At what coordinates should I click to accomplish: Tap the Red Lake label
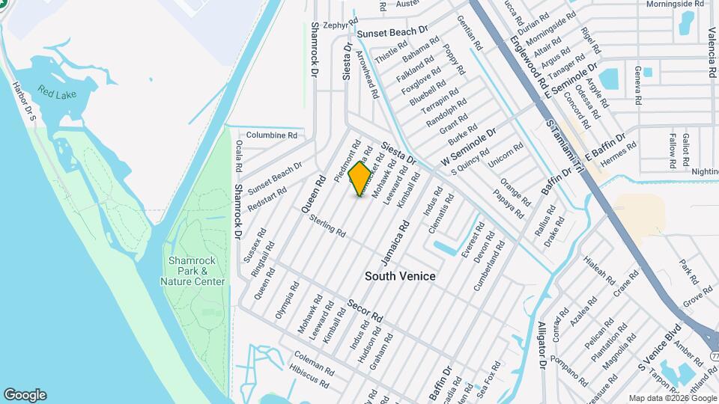[x=58, y=94]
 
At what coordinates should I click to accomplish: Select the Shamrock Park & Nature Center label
[x=192, y=271]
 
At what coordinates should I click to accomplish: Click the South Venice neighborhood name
[x=400, y=276]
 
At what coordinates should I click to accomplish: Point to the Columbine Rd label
[x=272, y=135]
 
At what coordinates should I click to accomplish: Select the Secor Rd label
[x=365, y=310]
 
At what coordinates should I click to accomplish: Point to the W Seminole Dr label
[x=469, y=147]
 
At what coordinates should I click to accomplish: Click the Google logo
[x=25, y=395]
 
